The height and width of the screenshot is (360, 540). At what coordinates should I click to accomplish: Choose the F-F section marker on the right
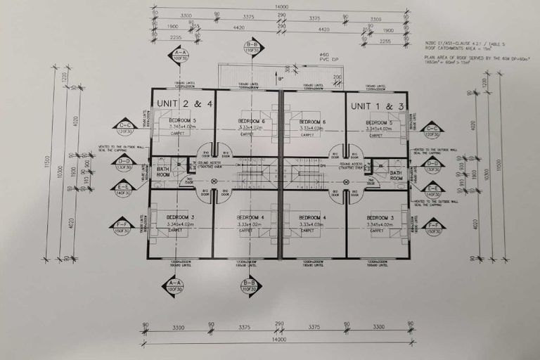[433, 228]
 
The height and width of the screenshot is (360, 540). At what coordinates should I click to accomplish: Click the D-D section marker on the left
[124, 164]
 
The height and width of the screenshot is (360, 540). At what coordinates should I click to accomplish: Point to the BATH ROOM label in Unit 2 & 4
[163, 172]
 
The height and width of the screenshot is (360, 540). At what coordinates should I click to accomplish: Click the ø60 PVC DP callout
[324, 58]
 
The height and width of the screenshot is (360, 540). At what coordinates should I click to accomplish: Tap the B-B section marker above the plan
[252, 48]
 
